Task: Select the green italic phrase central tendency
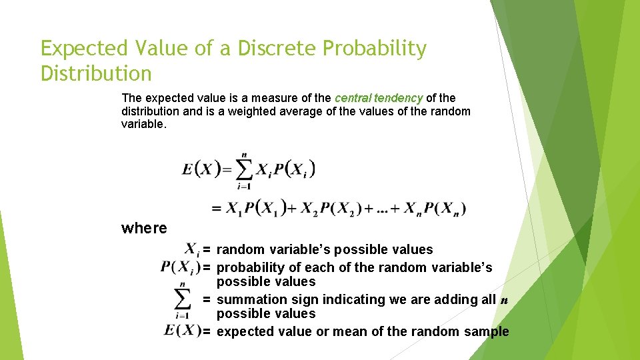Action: coord(379,98)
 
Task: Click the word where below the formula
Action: coord(144,228)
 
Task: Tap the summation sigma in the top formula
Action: coord(244,171)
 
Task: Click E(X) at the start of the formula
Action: coord(201,169)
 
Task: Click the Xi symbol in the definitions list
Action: coord(192,250)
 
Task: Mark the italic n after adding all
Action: coord(504,300)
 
